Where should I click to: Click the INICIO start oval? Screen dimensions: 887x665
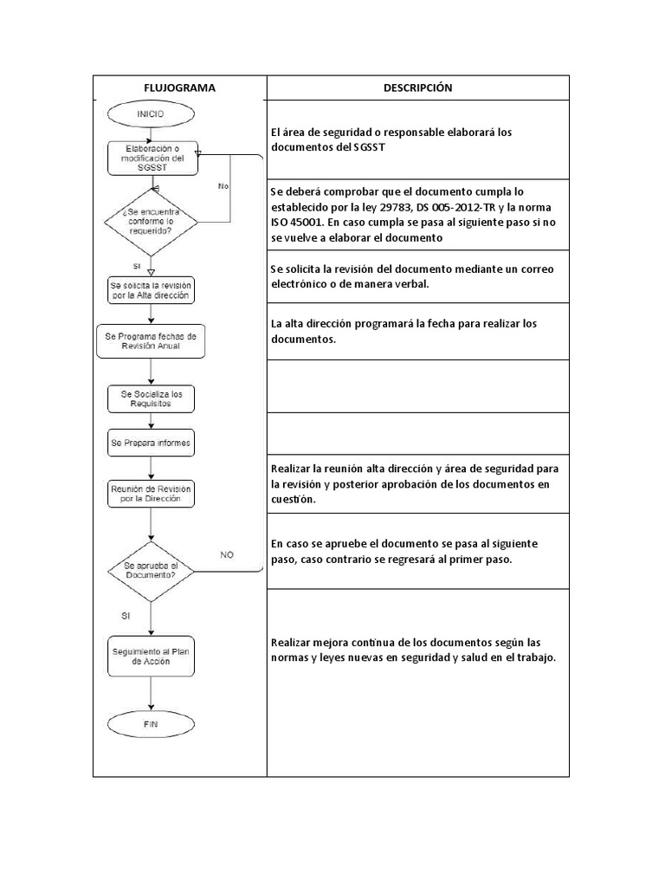(x=151, y=113)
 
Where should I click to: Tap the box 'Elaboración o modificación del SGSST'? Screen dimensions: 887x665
(x=151, y=159)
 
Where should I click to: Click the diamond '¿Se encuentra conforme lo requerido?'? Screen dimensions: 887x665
(x=151, y=220)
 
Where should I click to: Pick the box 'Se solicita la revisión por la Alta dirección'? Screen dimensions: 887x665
(x=151, y=288)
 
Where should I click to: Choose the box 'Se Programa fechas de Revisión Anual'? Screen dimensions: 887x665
(x=151, y=340)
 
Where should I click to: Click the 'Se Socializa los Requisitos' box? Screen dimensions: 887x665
(x=151, y=398)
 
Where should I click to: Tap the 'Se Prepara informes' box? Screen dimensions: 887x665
(x=151, y=443)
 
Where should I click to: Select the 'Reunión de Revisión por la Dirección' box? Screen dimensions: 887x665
(x=151, y=494)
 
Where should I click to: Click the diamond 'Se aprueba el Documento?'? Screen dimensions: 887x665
(x=151, y=569)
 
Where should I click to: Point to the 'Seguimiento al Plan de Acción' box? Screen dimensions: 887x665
(x=151, y=656)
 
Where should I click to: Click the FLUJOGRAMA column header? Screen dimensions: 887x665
(x=179, y=87)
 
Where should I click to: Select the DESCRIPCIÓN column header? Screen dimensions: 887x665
(x=417, y=87)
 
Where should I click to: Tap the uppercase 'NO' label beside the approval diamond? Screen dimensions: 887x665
(x=227, y=555)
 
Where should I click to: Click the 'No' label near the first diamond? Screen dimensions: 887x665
(x=223, y=185)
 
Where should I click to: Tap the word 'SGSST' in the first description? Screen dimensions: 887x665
(x=371, y=147)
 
